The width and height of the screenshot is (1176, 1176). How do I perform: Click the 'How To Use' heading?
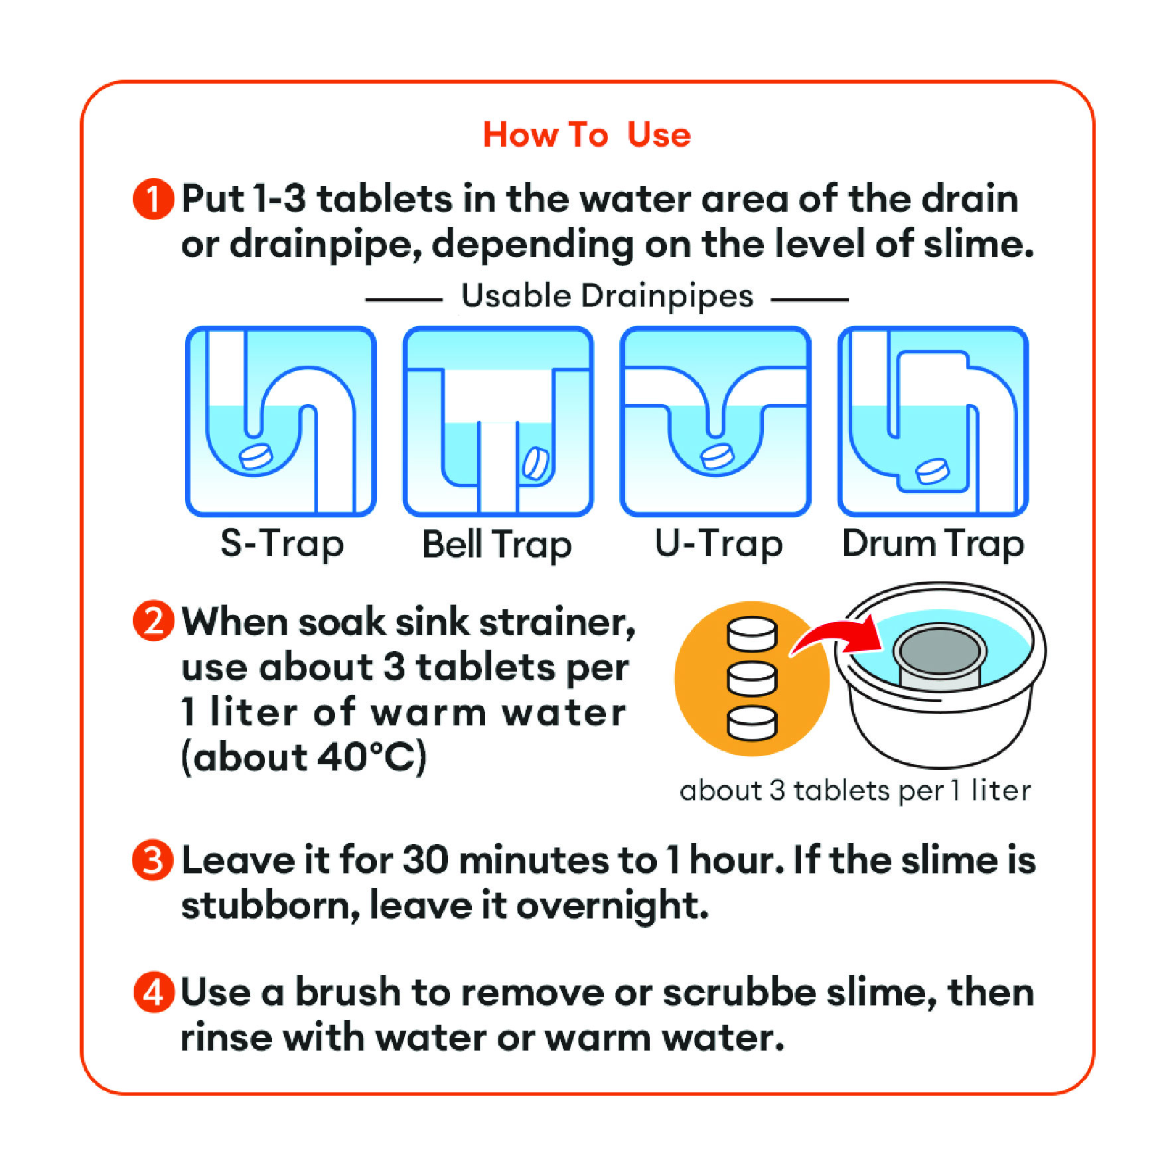(587, 135)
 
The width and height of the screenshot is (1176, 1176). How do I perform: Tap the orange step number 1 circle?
(153, 198)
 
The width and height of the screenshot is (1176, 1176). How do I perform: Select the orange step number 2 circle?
(153, 621)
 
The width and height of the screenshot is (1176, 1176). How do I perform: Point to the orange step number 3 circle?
(153, 860)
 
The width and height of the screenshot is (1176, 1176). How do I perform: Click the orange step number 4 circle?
(153, 992)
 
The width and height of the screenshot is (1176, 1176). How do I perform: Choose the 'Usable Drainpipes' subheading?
(607, 296)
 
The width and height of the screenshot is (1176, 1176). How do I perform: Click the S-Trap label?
(282, 544)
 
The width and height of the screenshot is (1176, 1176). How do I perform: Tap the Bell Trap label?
(497, 545)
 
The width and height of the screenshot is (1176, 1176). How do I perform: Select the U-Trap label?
(719, 544)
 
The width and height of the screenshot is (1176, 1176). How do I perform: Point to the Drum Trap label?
(933, 544)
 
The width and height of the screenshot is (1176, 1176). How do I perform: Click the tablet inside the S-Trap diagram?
(255, 457)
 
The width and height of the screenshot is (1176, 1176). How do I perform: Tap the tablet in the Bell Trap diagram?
(536, 464)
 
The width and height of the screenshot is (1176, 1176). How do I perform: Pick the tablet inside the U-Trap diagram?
(717, 457)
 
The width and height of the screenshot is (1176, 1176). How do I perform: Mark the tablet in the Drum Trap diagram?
(932, 471)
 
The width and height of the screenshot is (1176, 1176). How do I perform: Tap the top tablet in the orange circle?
(752, 635)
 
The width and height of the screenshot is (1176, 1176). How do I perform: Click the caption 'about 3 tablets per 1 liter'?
(855, 791)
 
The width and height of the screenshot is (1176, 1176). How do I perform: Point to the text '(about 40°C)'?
(303, 757)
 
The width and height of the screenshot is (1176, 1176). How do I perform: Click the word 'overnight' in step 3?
(613, 907)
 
